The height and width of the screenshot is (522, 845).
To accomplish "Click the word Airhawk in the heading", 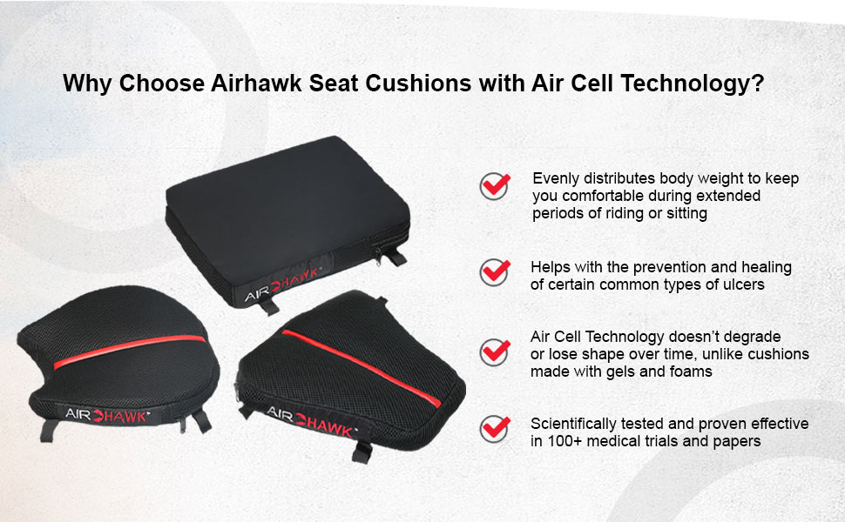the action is click(256, 84).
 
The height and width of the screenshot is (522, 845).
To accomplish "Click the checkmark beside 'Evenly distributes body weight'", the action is click(495, 185).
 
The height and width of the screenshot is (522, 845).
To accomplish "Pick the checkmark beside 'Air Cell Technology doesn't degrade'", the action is click(495, 352).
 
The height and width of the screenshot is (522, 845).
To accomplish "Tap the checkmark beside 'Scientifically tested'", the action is click(495, 429).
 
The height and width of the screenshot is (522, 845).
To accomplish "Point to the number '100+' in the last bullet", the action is click(564, 441).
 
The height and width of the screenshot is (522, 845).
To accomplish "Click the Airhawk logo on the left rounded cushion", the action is click(106, 416).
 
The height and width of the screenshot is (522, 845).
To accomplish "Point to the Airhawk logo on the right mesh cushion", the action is click(311, 422).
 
